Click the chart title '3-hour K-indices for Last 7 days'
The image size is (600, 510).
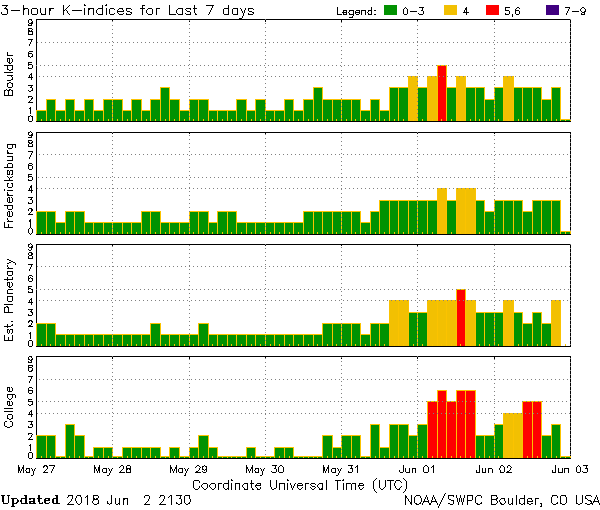coord(128,10)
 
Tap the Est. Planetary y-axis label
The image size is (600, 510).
coord(10,296)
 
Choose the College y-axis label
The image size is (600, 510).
coord(10,408)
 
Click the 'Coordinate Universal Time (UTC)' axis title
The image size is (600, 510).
coord(299,484)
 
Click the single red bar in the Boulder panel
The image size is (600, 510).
coord(442,93)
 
